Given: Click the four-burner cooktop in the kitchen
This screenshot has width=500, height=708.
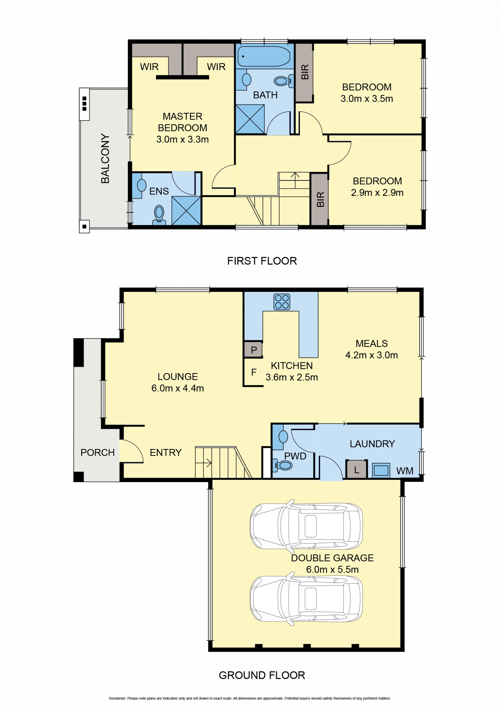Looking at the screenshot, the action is pyautogui.click(x=282, y=302).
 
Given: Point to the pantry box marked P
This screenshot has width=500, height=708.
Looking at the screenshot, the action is pyautogui.click(x=253, y=350).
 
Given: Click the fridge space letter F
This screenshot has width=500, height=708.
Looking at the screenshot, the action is pyautogui.click(x=254, y=372).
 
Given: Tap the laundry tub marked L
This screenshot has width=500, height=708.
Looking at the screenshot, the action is pyautogui.click(x=357, y=469).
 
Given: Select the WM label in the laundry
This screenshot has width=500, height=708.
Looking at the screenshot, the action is pyautogui.click(x=405, y=471).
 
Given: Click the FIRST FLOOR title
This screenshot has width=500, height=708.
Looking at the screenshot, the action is pyautogui.click(x=262, y=261).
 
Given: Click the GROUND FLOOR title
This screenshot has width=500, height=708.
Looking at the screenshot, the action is pyautogui.click(x=262, y=675).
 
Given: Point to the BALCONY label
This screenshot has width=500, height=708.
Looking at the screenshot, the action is pyautogui.click(x=105, y=158).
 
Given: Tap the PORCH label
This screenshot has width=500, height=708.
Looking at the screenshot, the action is pyautogui.click(x=97, y=452).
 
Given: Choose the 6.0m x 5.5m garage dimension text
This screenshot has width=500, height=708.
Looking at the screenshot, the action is pyautogui.click(x=332, y=570).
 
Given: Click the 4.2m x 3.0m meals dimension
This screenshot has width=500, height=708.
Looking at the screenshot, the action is pyautogui.click(x=371, y=355).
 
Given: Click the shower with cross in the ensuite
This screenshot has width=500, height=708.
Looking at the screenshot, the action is pyautogui.click(x=186, y=211).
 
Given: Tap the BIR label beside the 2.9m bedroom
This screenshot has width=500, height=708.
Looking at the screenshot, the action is pyautogui.click(x=320, y=199).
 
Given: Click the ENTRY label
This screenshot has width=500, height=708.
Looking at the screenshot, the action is pyautogui.click(x=166, y=452).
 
